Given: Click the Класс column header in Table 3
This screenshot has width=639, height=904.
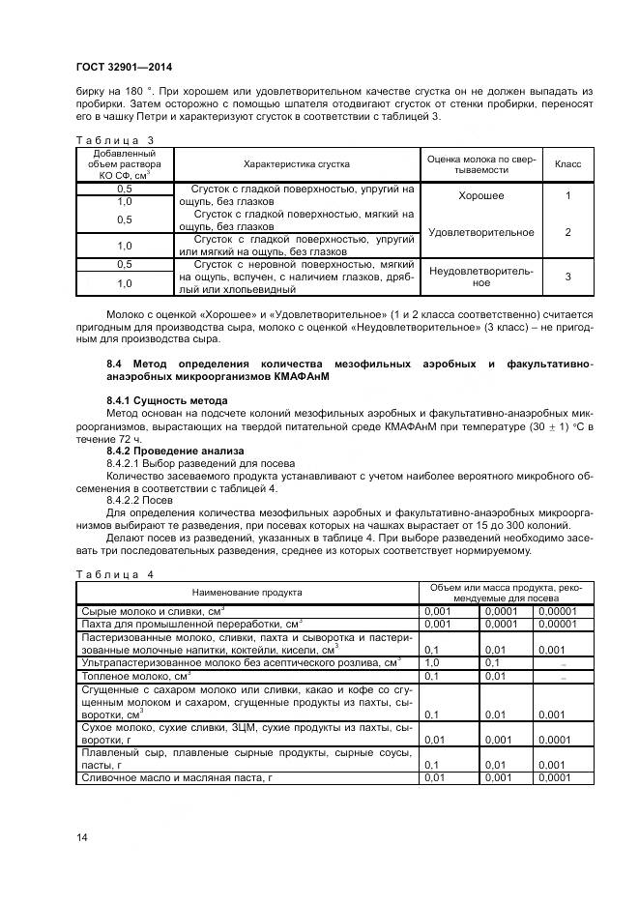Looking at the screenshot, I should (x=567, y=164).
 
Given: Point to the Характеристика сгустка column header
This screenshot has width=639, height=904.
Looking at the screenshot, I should (x=296, y=164).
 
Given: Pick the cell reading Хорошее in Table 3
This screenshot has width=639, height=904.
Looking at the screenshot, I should (x=480, y=196).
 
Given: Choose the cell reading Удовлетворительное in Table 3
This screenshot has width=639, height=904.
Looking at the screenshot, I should (x=480, y=232).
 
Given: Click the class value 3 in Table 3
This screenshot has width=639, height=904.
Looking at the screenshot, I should (x=567, y=277).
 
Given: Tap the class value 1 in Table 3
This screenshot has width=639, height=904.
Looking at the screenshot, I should (x=567, y=196).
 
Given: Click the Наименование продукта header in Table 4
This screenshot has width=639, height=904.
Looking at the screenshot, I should (x=247, y=592).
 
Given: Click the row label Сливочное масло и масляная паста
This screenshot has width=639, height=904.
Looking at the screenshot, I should (x=177, y=777).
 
